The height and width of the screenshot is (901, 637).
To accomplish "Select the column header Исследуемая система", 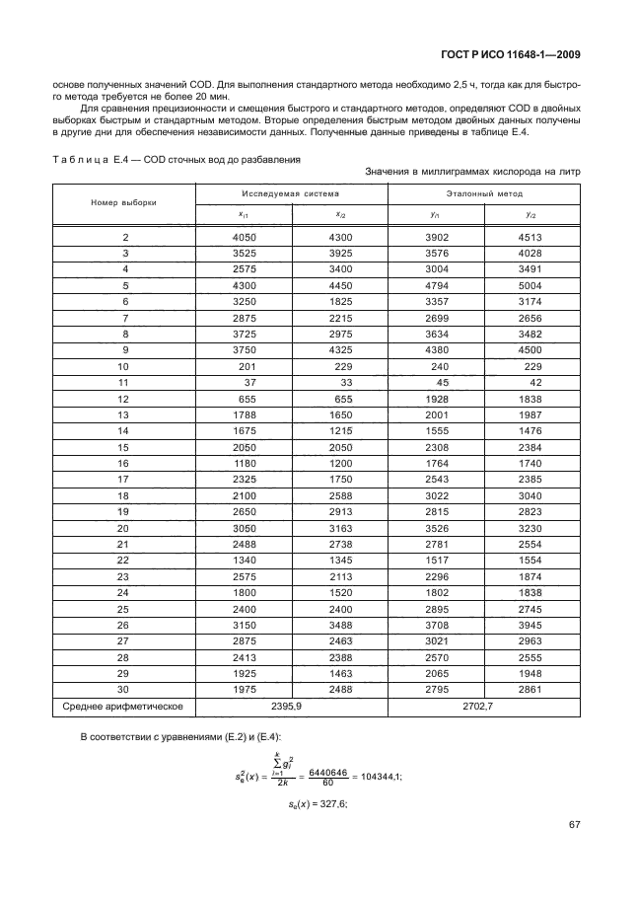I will pyautogui.click(x=291, y=194).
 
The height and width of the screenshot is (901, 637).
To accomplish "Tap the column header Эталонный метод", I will pyautogui.click(x=483, y=194).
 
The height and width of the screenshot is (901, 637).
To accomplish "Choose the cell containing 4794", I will pyautogui.click(x=435, y=285).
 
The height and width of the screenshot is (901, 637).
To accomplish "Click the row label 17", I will pyautogui.click(x=123, y=478).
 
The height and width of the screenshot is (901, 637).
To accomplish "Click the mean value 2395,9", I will pyautogui.click(x=291, y=707).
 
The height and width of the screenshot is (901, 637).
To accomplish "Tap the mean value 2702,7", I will pyautogui.click(x=483, y=707).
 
